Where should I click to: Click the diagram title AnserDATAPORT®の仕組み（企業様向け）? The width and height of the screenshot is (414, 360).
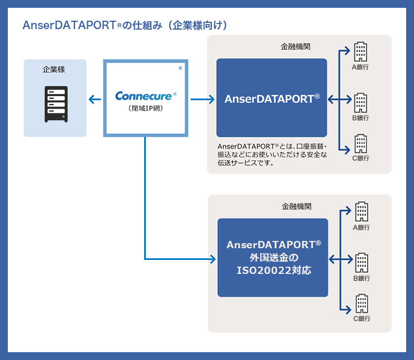(x=125, y=26)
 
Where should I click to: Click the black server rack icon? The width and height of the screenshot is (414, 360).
(x=56, y=103)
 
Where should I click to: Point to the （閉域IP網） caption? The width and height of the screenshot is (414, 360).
(x=145, y=108)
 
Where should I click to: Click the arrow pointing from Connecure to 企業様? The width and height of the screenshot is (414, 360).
(x=95, y=100)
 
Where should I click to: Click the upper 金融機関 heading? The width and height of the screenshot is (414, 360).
(x=294, y=48)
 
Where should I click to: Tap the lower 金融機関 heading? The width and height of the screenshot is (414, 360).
(x=295, y=206)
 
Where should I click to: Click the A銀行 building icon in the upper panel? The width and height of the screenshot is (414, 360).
(x=361, y=52)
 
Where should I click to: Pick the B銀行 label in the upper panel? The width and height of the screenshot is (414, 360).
(x=360, y=118)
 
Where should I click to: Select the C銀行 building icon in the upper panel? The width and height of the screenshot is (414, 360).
(x=361, y=144)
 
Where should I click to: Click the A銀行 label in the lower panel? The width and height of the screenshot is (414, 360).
(x=361, y=228)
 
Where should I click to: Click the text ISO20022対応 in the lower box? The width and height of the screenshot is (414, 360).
(x=273, y=270)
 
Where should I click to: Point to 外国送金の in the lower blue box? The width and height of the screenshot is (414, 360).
(x=273, y=257)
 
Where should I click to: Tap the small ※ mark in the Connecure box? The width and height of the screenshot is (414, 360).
(x=180, y=68)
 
